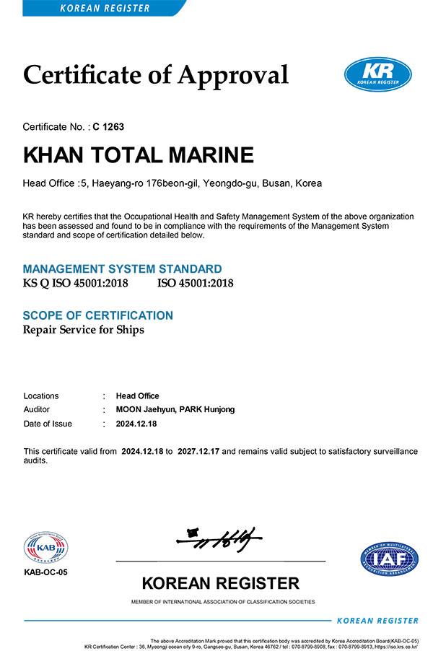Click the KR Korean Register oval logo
click(x=377, y=75)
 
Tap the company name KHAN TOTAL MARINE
click(x=139, y=155)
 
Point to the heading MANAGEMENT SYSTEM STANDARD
click(x=123, y=269)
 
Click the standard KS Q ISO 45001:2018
click(x=76, y=283)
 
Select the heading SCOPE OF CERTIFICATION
click(x=98, y=315)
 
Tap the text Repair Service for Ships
click(x=84, y=330)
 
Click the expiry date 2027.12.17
click(x=197, y=451)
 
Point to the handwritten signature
click(x=220, y=536)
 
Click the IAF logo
click(x=389, y=558)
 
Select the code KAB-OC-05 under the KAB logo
click(x=45, y=572)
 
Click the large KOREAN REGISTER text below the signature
click(x=220, y=583)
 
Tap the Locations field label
click(x=41, y=396)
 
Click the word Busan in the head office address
click(x=276, y=183)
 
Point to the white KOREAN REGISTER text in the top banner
click(x=105, y=8)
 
